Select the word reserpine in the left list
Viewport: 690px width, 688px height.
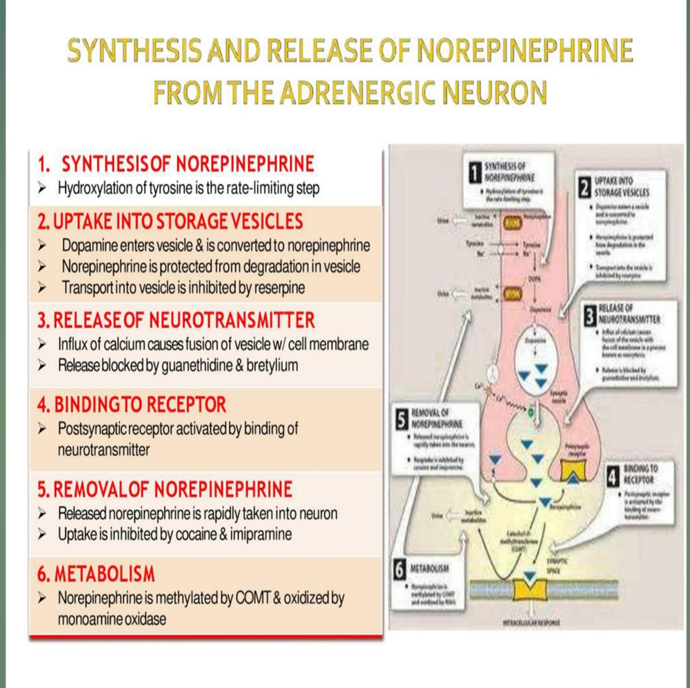274,287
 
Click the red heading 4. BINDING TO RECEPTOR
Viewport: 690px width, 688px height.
131,405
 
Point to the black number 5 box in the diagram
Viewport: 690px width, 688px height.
400,420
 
